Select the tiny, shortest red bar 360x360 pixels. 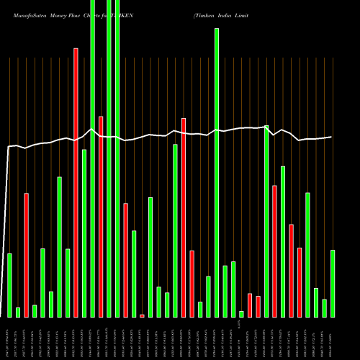(x=142, y=315)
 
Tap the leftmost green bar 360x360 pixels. (x=9, y=285)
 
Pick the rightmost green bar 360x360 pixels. (x=333, y=283)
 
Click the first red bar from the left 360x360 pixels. (x=26, y=255)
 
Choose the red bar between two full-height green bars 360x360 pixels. (x=101, y=216)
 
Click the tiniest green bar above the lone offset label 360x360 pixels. (x=241, y=314)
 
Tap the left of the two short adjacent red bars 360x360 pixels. (x=250, y=305)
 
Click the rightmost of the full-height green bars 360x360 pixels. (x=117, y=158)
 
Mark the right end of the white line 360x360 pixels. (x=331, y=137)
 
